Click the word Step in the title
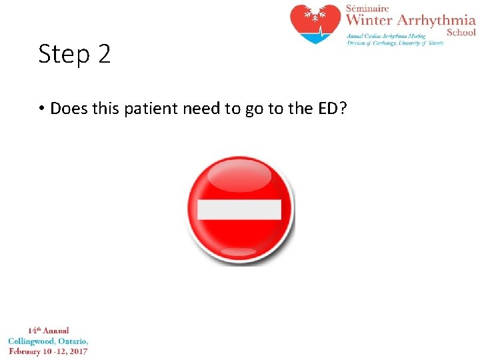[x=63, y=54]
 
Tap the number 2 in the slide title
[x=103, y=54]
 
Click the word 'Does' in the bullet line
[x=69, y=108]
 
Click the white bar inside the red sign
[x=239, y=209]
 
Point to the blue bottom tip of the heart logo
[x=315, y=39]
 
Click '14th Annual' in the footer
[x=48, y=330]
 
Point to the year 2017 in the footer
[x=77, y=351]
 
